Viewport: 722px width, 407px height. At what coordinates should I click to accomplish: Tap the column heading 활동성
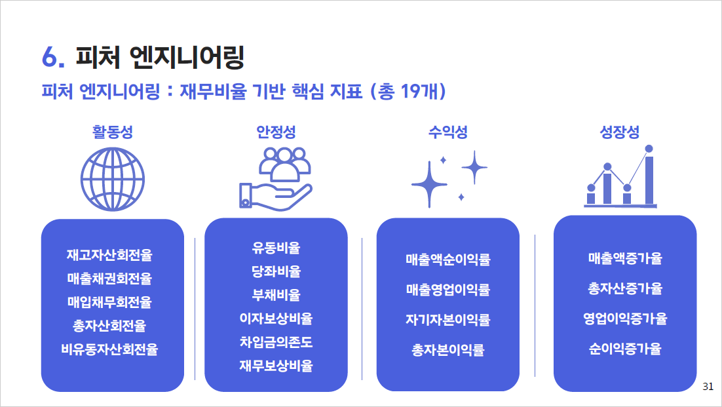[112, 132]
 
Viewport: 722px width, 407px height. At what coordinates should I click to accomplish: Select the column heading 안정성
[276, 132]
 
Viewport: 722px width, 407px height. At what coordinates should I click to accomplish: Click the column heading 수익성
[448, 132]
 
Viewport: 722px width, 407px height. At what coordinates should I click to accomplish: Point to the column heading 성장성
[620, 132]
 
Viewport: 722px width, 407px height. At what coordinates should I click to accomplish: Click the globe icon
[112, 179]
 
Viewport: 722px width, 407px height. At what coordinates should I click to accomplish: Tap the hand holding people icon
[275, 179]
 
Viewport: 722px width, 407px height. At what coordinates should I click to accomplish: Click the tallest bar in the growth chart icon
[649, 180]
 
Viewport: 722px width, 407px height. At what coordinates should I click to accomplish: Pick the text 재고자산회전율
[109, 255]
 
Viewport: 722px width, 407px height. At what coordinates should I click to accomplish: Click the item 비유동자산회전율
[109, 349]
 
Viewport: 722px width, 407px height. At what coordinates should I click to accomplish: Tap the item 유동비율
[276, 248]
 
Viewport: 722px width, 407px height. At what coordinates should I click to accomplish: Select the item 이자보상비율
[276, 319]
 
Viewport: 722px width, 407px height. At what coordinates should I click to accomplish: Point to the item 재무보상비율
[276, 366]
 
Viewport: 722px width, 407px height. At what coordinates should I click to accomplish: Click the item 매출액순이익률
[448, 260]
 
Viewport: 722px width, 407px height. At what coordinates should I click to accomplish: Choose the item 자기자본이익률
[448, 320]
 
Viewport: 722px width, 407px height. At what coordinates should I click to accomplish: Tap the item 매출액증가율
[625, 258]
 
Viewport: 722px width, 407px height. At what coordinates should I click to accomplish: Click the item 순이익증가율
[625, 349]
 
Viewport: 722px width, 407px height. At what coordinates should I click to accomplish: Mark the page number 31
[708, 387]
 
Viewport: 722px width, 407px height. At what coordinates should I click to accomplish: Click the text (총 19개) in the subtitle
[408, 92]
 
